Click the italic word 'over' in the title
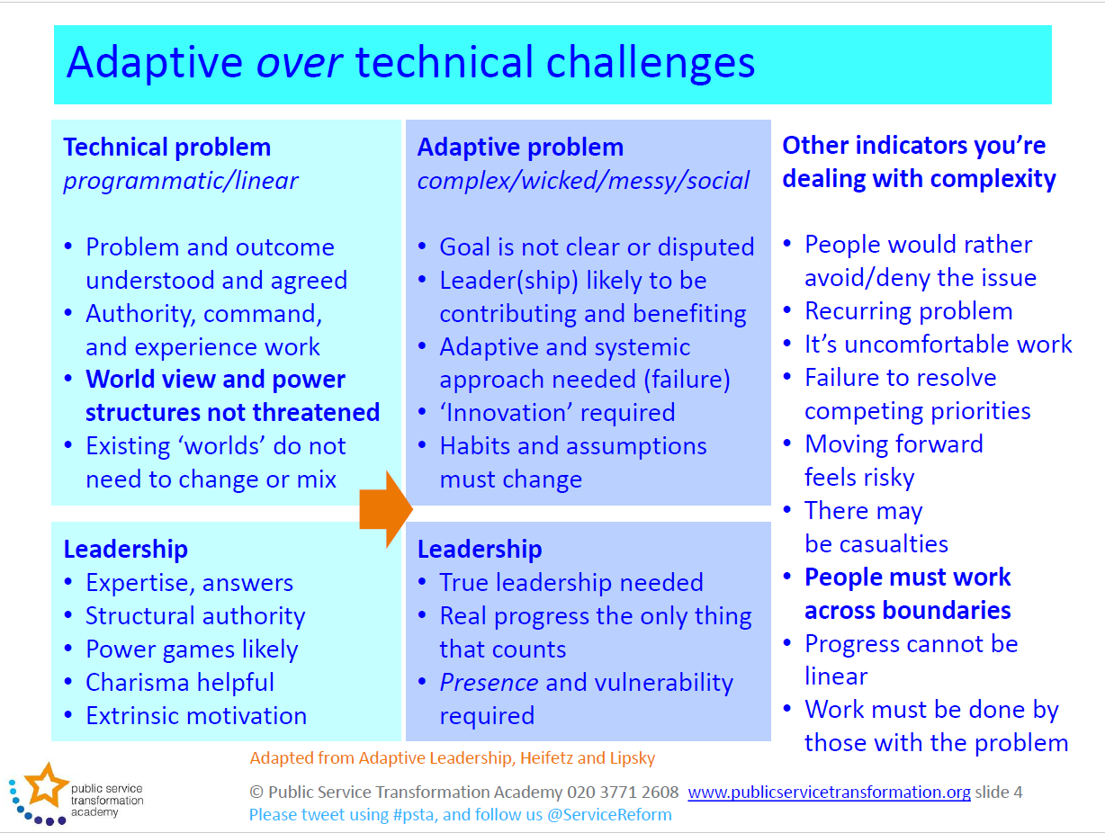[300, 63]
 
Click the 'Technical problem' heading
[167, 148]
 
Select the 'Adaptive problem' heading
[520, 148]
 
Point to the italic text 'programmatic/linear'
[181, 181]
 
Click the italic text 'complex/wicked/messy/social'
[583, 181]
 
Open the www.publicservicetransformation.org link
[829, 793]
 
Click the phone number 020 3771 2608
[623, 793]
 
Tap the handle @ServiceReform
[609, 815]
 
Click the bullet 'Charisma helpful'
[180, 683]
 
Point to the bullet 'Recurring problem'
[909, 311]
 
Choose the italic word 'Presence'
[489, 683]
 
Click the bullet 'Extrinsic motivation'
[196, 716]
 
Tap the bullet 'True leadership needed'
[571, 583]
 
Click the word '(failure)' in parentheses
[687, 380]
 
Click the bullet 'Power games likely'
[192, 649]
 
